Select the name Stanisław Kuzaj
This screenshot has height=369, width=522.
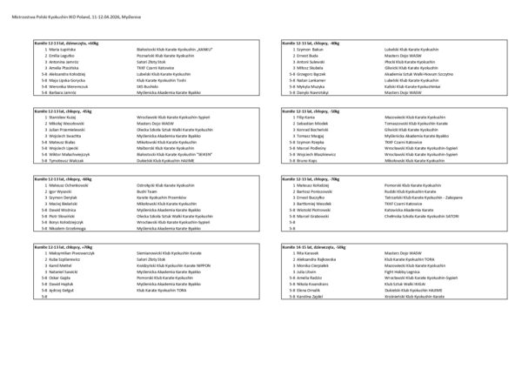tap(57, 117)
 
